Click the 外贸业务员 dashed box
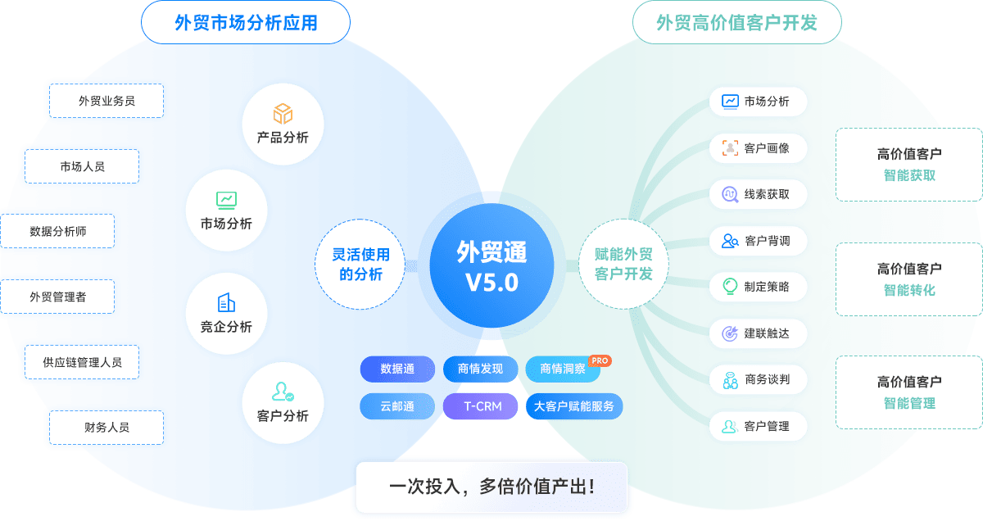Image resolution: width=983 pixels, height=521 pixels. point(106,101)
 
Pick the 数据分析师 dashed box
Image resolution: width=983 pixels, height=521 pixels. point(57,231)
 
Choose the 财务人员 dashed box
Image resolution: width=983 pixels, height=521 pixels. point(106,427)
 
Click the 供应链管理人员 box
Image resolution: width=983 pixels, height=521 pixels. point(82,361)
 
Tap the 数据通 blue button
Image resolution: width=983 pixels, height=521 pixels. point(397,369)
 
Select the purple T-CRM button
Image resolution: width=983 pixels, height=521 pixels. point(479,406)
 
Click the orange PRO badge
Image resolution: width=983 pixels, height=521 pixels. point(600,360)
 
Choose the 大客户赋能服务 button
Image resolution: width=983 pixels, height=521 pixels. point(573,406)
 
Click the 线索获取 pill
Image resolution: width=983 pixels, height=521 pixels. point(758,195)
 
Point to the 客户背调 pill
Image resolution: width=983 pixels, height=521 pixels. point(758,241)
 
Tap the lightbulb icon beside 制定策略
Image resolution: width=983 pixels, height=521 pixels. point(730,287)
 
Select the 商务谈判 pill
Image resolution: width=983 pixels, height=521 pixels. point(758,380)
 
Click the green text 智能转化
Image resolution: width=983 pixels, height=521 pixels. point(909,290)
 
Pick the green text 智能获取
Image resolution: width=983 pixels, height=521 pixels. point(909,175)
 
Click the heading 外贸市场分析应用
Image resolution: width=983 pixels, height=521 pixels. point(246,23)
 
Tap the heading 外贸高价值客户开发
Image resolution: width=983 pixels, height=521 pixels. point(737,23)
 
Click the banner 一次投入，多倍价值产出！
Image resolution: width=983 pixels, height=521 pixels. point(491,487)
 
